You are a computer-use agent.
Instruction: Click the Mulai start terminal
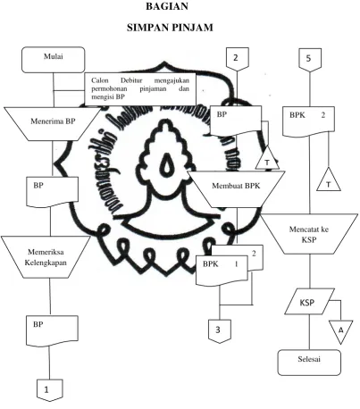point(54,60)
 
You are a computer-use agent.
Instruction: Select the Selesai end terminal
point(309,363)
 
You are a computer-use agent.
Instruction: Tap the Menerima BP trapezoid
point(53,124)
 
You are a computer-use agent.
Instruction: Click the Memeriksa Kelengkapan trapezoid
point(46,257)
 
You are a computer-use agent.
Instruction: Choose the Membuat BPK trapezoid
point(236,189)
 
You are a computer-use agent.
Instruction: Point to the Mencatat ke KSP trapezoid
point(309,234)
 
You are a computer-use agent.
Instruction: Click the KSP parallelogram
point(309,302)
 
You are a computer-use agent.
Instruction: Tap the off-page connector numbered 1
point(50,390)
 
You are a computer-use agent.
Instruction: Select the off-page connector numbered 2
point(238,60)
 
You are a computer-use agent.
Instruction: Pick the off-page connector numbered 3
point(220,331)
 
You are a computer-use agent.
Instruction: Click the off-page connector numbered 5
point(310,60)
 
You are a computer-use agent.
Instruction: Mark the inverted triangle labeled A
point(341,330)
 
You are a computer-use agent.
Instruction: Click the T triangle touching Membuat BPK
point(267,159)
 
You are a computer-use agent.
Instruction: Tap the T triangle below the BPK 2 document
point(329,180)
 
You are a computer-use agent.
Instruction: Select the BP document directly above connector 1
point(53,331)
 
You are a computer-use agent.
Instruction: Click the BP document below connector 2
point(236,121)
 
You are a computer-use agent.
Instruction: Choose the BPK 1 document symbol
point(222,271)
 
